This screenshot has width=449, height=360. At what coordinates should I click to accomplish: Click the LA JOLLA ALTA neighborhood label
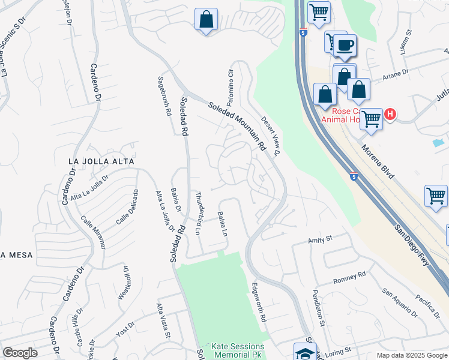point(101,161)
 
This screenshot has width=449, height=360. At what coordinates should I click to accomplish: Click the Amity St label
point(320,239)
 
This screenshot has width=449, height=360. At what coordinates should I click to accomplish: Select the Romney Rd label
point(349,277)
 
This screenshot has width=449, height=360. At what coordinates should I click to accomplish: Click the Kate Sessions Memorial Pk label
point(238,351)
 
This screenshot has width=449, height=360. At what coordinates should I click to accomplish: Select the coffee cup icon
point(345,45)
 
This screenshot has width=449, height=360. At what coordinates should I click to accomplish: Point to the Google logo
point(20,353)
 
